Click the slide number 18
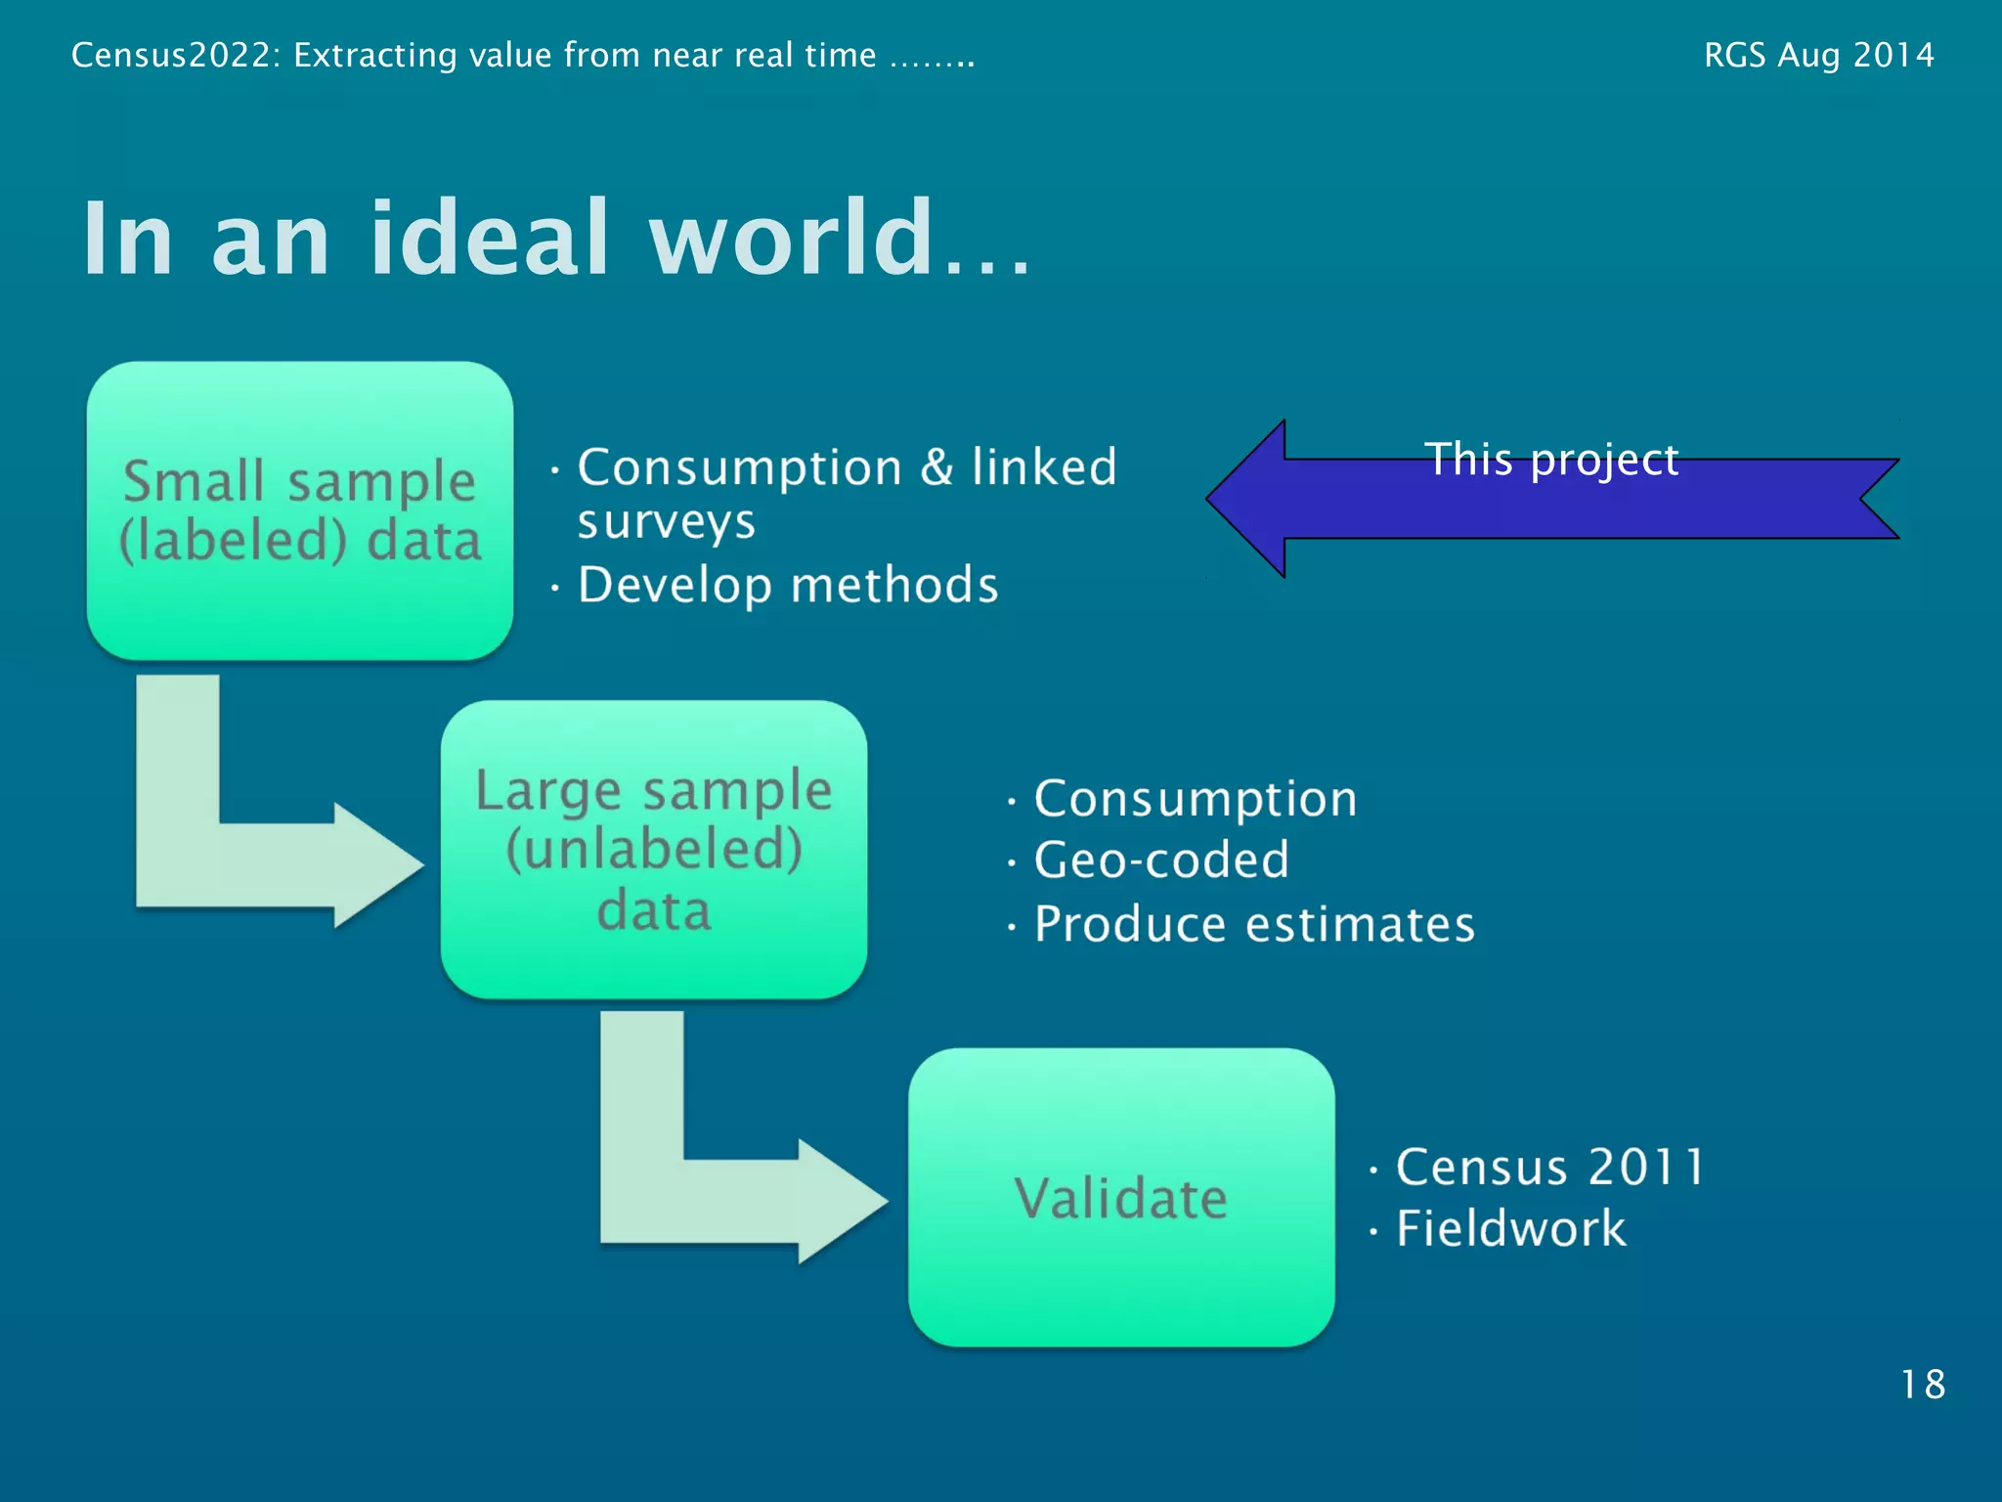pyautogui.click(x=1922, y=1385)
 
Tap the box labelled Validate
pyautogui.click(x=1121, y=1197)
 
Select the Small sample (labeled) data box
pyautogui.click(x=300, y=509)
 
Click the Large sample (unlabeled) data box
pyautogui.click(x=653, y=849)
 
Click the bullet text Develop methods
pyautogui.click(x=788, y=585)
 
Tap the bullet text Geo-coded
pyautogui.click(x=1161, y=861)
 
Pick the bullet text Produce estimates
pyautogui.click(x=1254, y=924)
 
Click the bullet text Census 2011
pyautogui.click(x=1549, y=1167)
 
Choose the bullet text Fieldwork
pyautogui.click(x=1510, y=1228)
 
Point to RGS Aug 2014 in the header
pyautogui.click(x=1818, y=55)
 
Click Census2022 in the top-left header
pyautogui.click(x=176, y=55)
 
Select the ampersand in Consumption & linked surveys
pyautogui.click(x=936, y=466)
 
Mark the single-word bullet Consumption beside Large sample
pyautogui.click(x=1196, y=799)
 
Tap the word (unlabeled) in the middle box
pyautogui.click(x=653, y=849)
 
